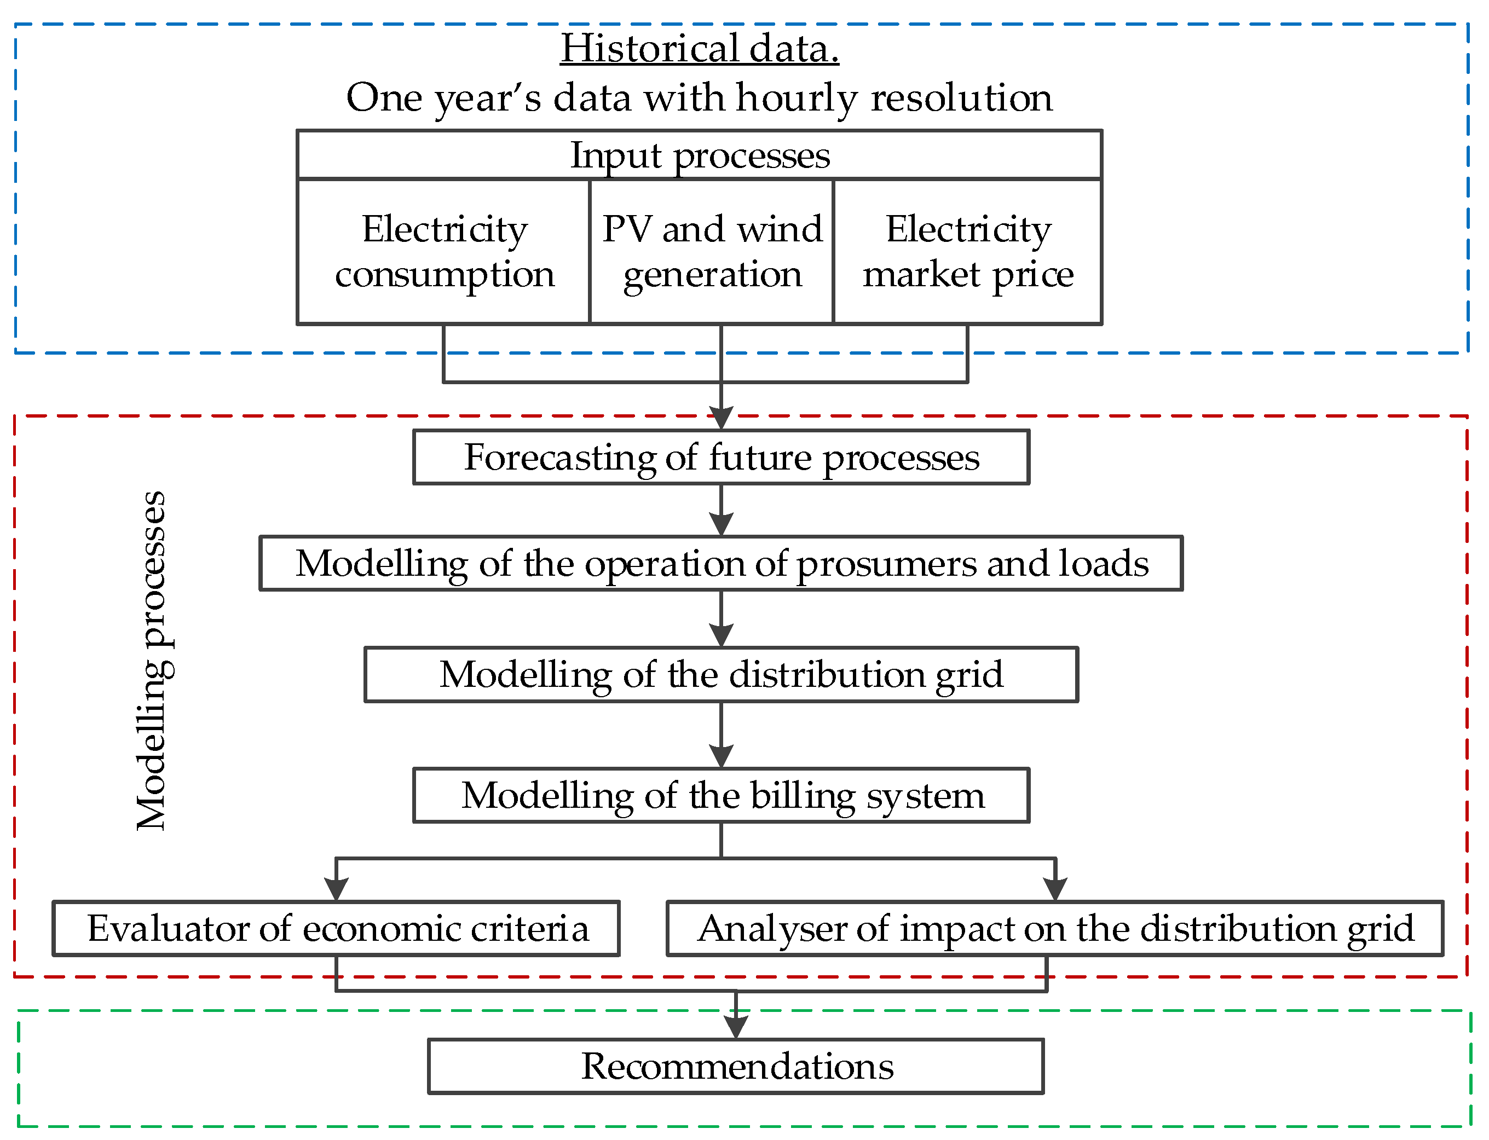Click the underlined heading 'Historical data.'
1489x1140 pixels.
(699, 49)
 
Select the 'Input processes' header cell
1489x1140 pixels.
(699, 155)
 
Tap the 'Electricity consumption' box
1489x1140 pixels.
(444, 251)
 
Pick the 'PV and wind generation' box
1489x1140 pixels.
(711, 251)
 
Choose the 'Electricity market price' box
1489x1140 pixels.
(967, 251)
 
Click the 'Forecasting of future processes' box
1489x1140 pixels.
(721, 458)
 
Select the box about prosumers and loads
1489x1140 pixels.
(721, 563)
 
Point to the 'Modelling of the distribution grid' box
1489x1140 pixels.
(721, 674)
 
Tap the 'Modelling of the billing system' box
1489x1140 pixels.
(721, 795)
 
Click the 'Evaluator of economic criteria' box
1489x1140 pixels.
(337, 928)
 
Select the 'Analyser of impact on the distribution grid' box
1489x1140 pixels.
(1055, 928)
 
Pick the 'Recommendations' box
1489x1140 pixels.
(736, 1066)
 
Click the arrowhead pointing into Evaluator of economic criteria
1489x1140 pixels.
(337, 888)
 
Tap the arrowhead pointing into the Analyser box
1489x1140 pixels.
(1055, 888)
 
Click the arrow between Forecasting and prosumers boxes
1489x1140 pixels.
(721, 510)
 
